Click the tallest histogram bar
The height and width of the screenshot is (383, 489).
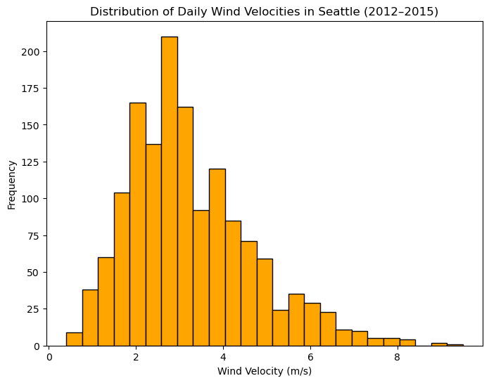(170, 191)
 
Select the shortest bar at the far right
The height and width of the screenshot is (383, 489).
(455, 345)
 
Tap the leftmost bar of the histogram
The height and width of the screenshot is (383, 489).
(75, 339)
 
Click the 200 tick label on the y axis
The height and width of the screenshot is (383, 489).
(30, 52)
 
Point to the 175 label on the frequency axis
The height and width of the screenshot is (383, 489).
(30, 89)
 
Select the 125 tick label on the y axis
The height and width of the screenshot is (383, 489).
(30, 162)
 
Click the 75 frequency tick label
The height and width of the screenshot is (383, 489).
(34, 235)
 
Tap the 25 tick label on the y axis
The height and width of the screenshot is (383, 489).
(34, 309)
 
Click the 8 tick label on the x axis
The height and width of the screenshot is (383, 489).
(397, 357)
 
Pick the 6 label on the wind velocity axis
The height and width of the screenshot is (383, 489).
(310, 357)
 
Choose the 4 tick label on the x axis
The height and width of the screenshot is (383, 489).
(223, 357)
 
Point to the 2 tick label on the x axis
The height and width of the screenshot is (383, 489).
(136, 357)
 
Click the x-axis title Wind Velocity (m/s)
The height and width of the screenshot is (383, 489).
(265, 371)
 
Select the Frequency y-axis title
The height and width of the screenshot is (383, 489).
(11, 185)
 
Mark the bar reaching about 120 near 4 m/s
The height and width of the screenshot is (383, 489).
(217, 257)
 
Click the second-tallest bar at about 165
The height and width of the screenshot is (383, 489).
(138, 224)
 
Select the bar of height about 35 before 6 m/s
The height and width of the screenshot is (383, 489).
(297, 320)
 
